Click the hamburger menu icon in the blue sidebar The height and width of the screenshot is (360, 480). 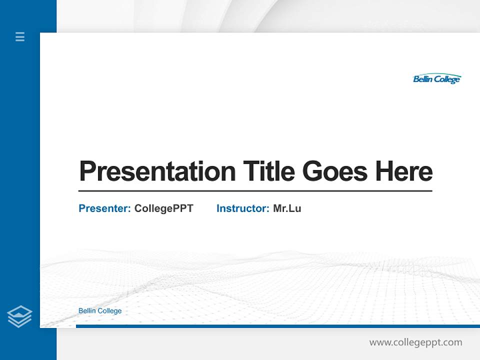coord(20,36)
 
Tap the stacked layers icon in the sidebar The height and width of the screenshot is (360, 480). coord(19,316)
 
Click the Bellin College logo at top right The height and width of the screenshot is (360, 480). coord(436,79)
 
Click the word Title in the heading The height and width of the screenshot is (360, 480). coord(269,171)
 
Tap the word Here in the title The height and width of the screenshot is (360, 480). coord(404,171)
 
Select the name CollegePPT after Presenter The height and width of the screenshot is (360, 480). coord(163,208)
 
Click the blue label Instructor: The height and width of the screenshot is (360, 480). coord(243,208)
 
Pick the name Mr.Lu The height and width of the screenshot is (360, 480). coord(287,208)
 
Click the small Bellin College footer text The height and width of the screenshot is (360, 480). coord(100,311)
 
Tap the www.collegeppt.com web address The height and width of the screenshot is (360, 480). coord(415,342)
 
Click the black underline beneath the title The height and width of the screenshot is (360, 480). coord(255,190)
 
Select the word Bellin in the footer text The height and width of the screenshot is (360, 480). coord(87,311)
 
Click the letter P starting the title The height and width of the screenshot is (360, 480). coord(87,171)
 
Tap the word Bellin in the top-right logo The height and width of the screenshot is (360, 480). coord(423,79)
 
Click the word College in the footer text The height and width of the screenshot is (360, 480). coord(109,311)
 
